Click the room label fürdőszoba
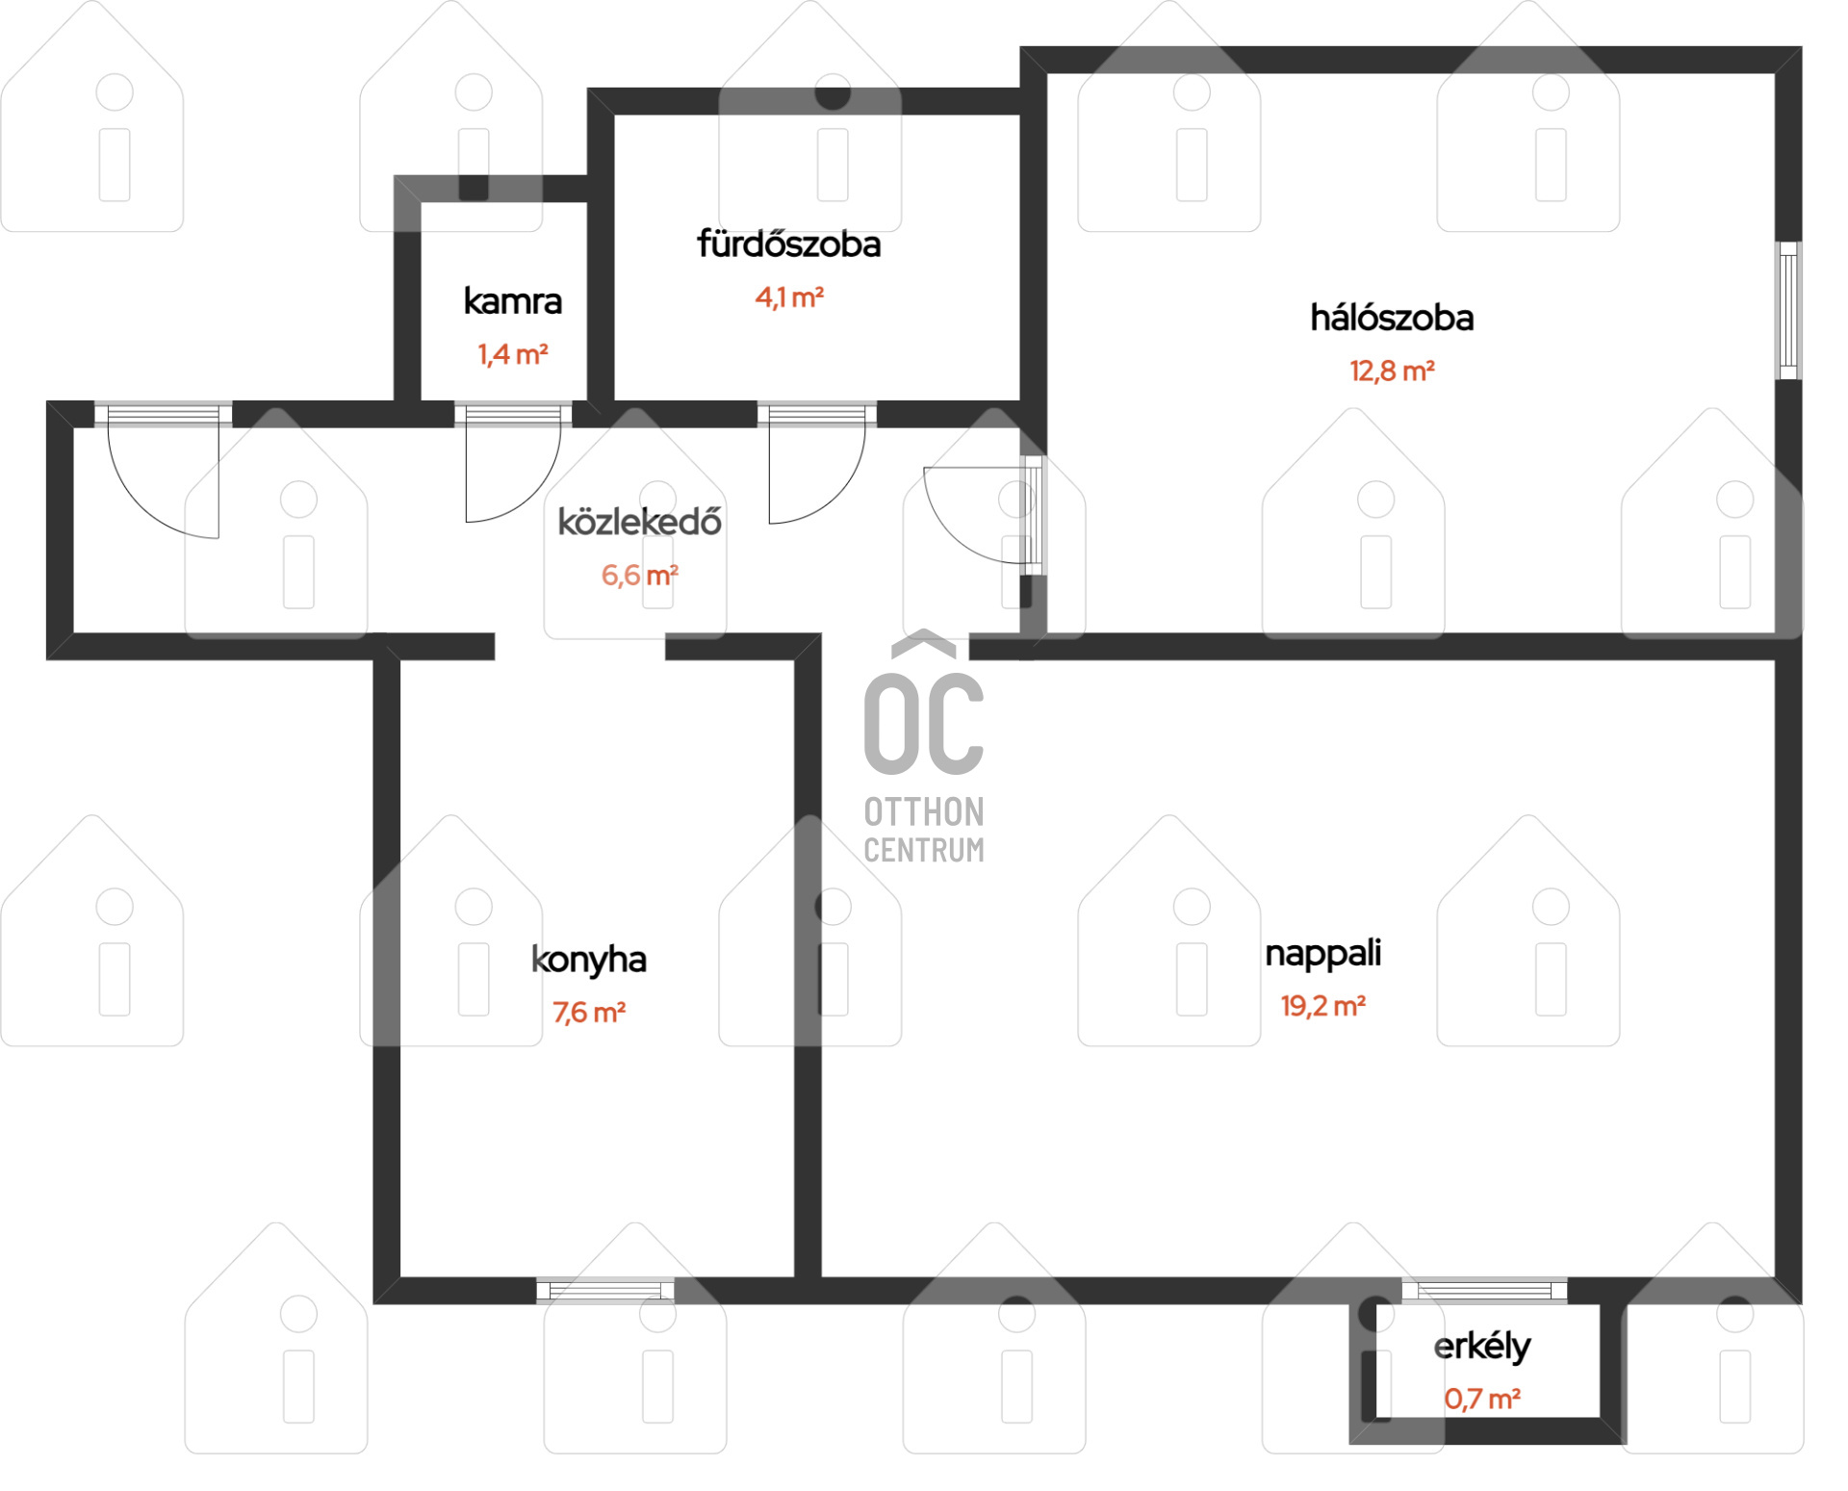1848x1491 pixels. [788, 244]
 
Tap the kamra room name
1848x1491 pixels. [512, 301]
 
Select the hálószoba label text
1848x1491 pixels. [1392, 318]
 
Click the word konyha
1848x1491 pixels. [589, 961]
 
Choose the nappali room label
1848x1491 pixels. [1322, 954]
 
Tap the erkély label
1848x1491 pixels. [1482, 1348]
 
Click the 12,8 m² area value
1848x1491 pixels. [1392, 371]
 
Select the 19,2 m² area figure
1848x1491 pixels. [1322, 1006]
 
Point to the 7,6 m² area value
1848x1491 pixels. [589, 1013]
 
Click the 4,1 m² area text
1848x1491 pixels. [788, 297]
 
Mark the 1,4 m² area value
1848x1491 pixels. [512, 355]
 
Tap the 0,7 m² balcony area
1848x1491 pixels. [1482, 1400]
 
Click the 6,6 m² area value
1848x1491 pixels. [640, 576]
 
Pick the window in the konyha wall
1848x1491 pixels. [605, 1290]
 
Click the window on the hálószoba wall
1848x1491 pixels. [1788, 310]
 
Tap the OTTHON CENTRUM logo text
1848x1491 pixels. [924, 830]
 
